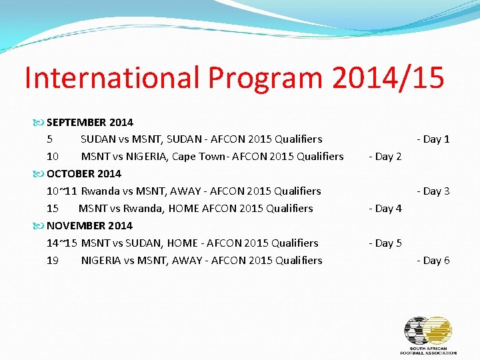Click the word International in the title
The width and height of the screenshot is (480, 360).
112,78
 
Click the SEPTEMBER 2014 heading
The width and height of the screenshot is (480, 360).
89,122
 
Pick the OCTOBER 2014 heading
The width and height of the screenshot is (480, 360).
84,173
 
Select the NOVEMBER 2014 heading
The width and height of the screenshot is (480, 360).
89,225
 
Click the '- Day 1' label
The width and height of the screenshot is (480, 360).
433,139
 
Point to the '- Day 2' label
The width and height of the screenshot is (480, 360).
385,157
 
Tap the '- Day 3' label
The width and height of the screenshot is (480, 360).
433,191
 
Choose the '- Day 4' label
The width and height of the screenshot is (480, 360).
385,209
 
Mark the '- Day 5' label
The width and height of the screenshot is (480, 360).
385,243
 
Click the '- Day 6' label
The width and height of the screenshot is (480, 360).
433,261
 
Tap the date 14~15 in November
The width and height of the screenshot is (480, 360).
62,243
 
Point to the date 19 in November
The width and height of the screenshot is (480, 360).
53,260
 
